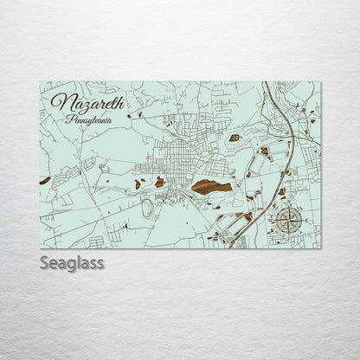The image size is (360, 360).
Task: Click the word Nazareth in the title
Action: click(x=87, y=102)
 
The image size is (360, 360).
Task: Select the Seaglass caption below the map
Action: click(x=71, y=262)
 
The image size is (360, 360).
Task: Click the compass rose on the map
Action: click(x=290, y=219)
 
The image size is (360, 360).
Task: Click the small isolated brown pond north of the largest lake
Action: click(x=234, y=138)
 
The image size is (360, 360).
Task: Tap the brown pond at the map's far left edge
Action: click(x=45, y=180)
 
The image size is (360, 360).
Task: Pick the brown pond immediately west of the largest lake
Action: click(x=160, y=183)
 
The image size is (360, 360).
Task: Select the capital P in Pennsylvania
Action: click(x=68, y=118)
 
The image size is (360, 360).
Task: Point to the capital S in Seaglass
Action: click(x=44, y=262)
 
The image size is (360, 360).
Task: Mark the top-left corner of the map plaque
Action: click(x=40, y=82)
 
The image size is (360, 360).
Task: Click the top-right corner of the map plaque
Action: click(x=320, y=82)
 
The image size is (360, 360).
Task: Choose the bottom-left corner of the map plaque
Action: click(x=40, y=248)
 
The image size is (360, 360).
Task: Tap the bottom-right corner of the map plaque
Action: click(x=320, y=248)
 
